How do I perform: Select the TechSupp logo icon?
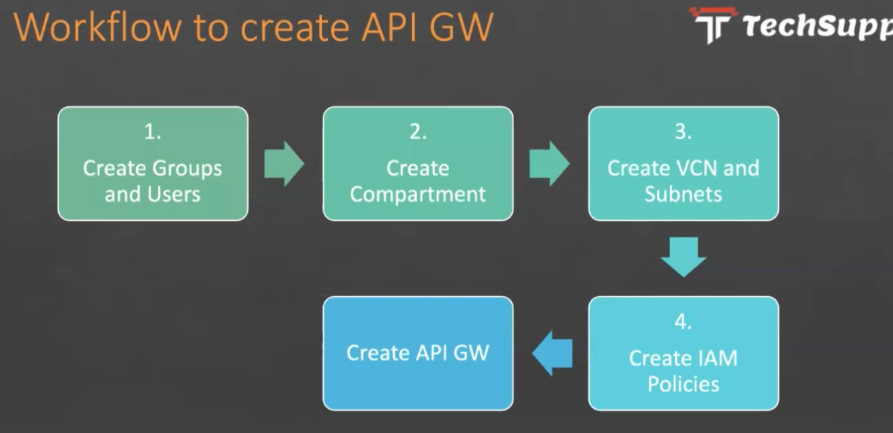712,24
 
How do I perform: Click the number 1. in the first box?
153,132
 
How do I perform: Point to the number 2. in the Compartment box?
418,132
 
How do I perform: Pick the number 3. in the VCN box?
684,132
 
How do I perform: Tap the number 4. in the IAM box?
684,322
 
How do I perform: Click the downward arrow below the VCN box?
684,257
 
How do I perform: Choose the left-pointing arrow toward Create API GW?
553,354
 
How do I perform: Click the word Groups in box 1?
187,168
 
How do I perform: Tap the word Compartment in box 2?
418,194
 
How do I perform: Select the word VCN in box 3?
696,168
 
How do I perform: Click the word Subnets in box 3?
684,194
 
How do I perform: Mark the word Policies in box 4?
684,384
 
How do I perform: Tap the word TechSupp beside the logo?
817,26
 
